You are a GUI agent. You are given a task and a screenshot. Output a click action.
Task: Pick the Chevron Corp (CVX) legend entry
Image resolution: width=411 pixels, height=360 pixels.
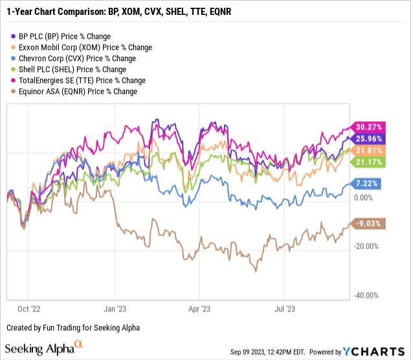[x=70, y=58]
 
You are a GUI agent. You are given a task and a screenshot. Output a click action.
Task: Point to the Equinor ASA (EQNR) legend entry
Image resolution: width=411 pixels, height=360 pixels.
[x=74, y=91]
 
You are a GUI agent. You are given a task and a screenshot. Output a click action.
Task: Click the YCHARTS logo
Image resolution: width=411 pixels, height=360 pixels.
[x=372, y=352]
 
